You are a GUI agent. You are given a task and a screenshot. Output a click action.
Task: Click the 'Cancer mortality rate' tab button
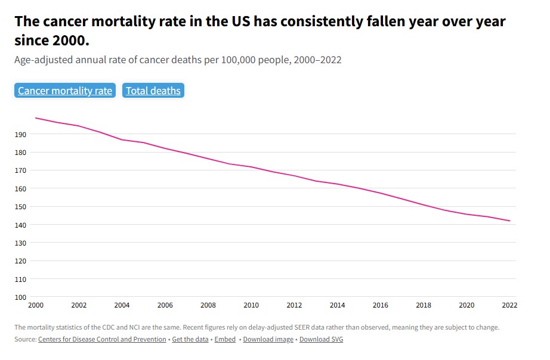coord(65,91)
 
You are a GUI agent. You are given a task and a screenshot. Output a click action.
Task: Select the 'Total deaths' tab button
coord(153,91)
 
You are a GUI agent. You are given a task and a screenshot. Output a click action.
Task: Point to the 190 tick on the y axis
coord(21,135)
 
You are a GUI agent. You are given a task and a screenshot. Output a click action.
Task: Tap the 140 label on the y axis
coord(21,225)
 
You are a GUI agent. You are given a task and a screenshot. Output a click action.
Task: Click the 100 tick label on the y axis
coord(21,297)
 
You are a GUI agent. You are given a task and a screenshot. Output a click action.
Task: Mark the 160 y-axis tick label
coord(21,189)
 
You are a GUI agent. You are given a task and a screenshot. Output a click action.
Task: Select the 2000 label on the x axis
coord(36,305)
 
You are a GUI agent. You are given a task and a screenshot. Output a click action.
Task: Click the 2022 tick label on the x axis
coord(509,305)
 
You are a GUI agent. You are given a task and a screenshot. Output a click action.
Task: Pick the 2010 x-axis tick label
coord(251,305)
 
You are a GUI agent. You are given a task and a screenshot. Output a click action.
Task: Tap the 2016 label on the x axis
coord(380,305)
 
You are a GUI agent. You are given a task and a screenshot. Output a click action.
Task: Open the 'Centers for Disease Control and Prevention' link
coord(102,339)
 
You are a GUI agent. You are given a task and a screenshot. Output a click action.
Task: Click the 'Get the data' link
coord(190,339)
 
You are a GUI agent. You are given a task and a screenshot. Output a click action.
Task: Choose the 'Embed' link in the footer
coord(225,339)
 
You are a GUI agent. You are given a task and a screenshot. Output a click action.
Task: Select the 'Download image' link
coord(268,339)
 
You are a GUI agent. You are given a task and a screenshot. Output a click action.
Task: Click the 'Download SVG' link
coord(321,339)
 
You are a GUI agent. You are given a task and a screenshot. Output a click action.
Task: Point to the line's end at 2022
coord(509,221)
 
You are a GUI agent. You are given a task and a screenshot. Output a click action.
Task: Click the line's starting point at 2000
coord(36,118)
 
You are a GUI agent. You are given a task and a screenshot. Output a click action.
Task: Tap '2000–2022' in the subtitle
coord(317,60)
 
